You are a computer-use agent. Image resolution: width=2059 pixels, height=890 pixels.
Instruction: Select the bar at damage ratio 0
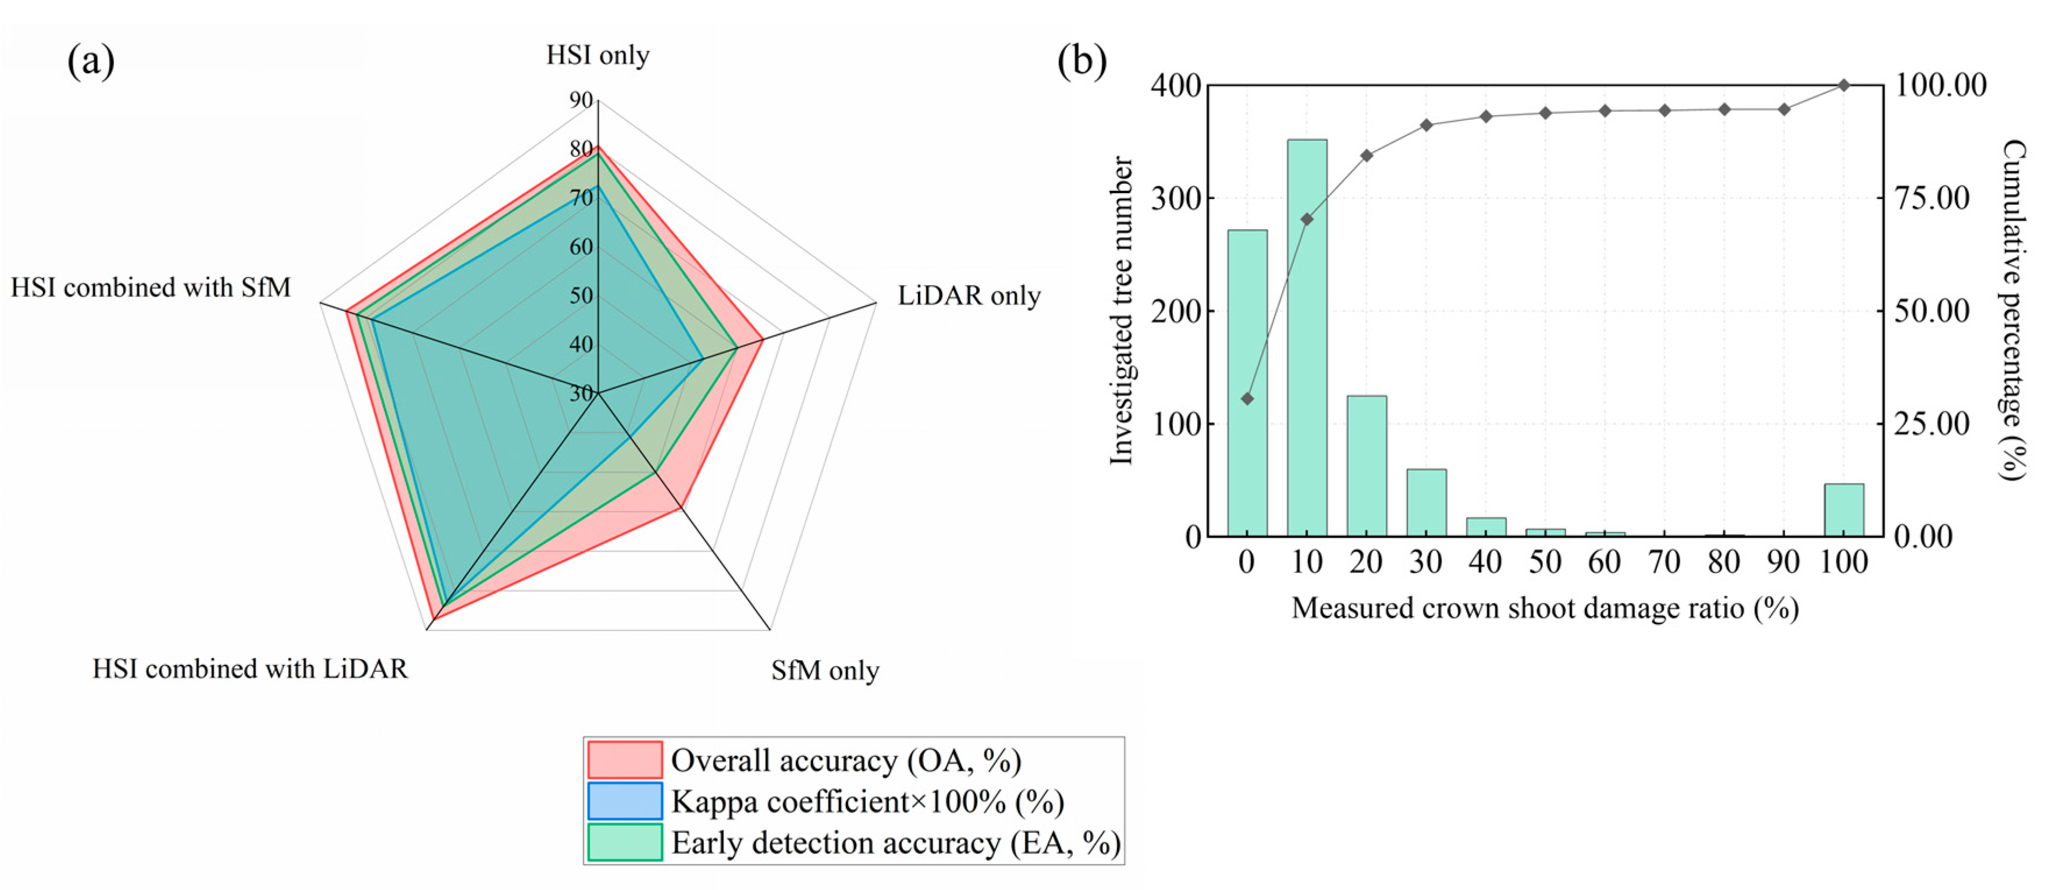(x=1247, y=383)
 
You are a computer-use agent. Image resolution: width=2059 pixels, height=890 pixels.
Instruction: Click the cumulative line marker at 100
(x=1844, y=85)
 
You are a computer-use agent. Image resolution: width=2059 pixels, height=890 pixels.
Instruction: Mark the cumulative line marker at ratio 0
(x=1247, y=398)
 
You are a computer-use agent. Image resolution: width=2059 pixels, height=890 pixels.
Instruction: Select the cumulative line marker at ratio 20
(x=1367, y=155)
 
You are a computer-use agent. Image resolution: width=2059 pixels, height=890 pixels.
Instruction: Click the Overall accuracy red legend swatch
(x=625, y=760)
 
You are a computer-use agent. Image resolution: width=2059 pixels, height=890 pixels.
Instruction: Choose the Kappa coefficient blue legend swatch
(x=625, y=802)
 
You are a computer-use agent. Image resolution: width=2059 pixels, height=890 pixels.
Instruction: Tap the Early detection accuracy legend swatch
(x=625, y=843)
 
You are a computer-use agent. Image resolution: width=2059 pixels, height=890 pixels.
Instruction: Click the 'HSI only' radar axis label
(x=598, y=55)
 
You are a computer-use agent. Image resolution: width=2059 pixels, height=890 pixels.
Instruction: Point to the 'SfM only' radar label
(x=825, y=670)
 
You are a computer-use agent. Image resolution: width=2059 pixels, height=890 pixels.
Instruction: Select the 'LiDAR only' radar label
(x=969, y=296)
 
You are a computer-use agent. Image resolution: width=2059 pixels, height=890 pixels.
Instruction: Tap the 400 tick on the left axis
(x=1175, y=85)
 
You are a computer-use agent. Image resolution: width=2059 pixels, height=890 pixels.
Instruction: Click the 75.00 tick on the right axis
(x=1932, y=198)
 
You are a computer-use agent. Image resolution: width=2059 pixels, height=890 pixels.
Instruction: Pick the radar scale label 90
(x=581, y=101)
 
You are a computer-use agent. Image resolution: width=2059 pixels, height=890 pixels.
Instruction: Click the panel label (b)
(x=1082, y=60)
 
